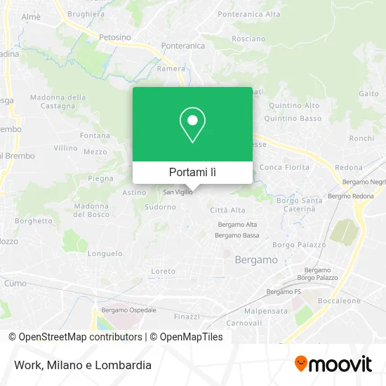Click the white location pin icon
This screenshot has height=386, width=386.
[192, 124]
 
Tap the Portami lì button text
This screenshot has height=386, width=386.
[192, 172]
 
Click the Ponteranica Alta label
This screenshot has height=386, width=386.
[249, 14]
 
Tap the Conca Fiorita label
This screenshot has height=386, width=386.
[284, 167]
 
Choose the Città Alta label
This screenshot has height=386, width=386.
[227, 210]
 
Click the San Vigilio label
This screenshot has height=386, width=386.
[178, 192]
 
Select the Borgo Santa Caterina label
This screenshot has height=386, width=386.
[299, 205]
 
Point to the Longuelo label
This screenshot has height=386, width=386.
[105, 253]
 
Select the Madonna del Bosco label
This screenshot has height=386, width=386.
[91, 210]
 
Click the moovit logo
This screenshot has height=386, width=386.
[333, 364]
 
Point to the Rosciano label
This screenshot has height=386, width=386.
[248, 39]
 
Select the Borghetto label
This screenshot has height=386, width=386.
[34, 220]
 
